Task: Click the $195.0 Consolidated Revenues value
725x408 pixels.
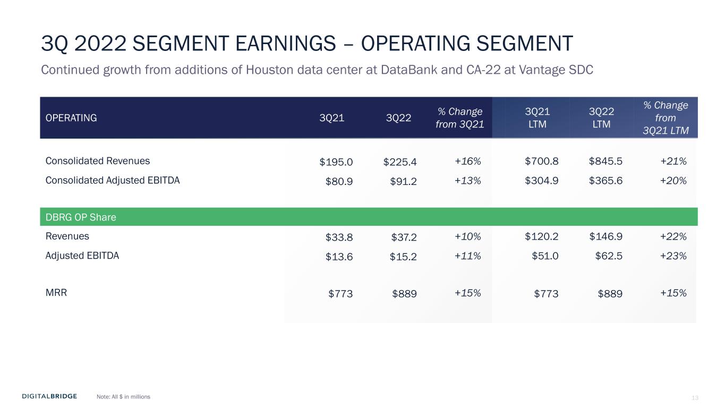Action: coord(336,161)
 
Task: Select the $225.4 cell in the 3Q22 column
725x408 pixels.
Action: coord(400,161)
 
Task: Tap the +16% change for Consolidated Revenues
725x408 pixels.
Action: coord(468,161)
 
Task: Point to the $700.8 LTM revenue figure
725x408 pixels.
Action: coord(541,161)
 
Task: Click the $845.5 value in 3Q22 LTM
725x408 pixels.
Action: coord(605,161)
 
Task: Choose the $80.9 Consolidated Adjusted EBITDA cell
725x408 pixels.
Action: coord(339,181)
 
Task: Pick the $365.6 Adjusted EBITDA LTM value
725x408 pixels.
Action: coord(605,181)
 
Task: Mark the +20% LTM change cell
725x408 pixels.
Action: coord(673,181)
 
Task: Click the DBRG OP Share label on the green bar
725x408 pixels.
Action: coord(81,217)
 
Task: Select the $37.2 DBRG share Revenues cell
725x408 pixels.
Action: coord(404,237)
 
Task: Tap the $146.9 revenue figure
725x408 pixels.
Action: coord(605,236)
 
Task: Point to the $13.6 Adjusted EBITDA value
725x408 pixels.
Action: coord(339,257)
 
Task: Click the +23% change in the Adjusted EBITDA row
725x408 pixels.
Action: coord(673,256)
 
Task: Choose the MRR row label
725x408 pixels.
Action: coord(56,292)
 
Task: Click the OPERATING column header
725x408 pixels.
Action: coord(71,118)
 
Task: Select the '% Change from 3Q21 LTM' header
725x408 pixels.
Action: coord(666,117)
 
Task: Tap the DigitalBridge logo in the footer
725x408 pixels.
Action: coord(49,396)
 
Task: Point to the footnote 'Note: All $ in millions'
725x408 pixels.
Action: coord(123,397)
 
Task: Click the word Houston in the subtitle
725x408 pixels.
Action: coord(270,70)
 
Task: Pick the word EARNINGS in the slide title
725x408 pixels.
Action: coord(285,44)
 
